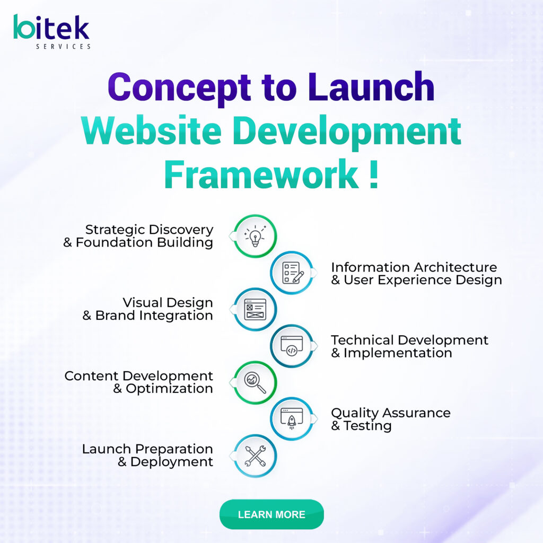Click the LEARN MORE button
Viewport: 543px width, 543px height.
[x=271, y=514]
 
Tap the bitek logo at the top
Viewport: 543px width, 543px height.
[x=52, y=31]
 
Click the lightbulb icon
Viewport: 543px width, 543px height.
[x=255, y=236]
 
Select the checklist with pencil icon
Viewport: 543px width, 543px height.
[x=293, y=273]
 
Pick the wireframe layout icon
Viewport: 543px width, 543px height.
[x=255, y=309]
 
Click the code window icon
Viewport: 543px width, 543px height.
[x=292, y=346]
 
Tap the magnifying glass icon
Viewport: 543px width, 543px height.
[x=255, y=383]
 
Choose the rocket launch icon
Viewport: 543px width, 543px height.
[x=292, y=419]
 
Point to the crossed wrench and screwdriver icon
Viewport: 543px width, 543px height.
[x=255, y=456]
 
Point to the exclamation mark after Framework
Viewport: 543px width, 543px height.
[x=373, y=174]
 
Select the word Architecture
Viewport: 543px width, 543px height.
[x=456, y=267]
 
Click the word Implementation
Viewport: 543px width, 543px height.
[x=398, y=353]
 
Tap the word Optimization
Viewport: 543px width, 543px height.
[x=169, y=389]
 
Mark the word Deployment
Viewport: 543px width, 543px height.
[x=171, y=462]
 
